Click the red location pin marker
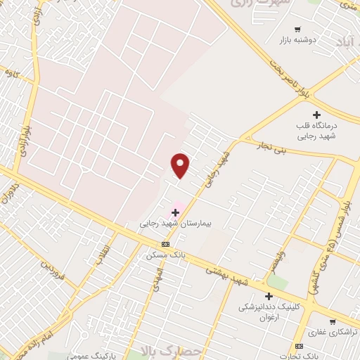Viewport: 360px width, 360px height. (181, 165)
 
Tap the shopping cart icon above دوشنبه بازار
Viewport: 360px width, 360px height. (298, 30)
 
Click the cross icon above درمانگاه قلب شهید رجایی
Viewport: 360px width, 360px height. (316, 115)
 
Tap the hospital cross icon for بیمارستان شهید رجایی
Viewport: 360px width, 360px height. (175, 212)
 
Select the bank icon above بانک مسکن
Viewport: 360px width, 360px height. (165, 244)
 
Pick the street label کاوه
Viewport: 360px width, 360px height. (9, 73)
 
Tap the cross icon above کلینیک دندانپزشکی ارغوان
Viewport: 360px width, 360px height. (269, 297)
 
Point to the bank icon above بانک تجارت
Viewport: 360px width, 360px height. (299, 346)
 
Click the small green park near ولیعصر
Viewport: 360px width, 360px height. (277, 281)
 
